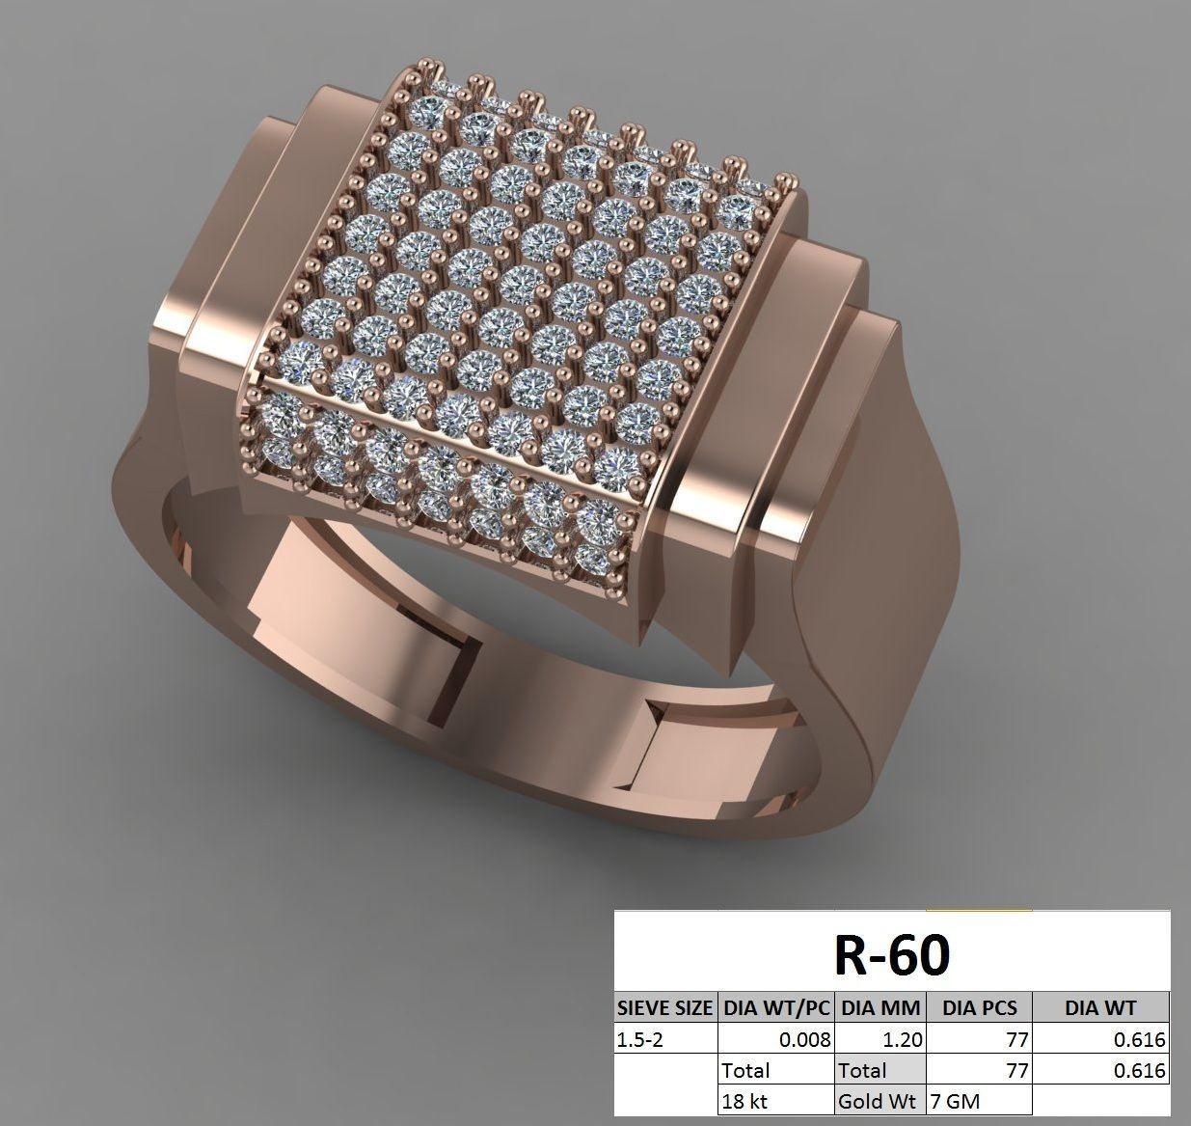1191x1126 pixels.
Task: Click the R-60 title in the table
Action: [x=891, y=953]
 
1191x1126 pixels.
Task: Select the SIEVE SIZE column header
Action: [x=665, y=1008]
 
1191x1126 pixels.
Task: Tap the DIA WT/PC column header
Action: [x=775, y=1008]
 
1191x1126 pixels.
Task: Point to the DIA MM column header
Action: [x=880, y=1008]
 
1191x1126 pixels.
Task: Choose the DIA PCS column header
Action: [x=979, y=1008]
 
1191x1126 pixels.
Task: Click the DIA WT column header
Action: [x=1100, y=1008]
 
